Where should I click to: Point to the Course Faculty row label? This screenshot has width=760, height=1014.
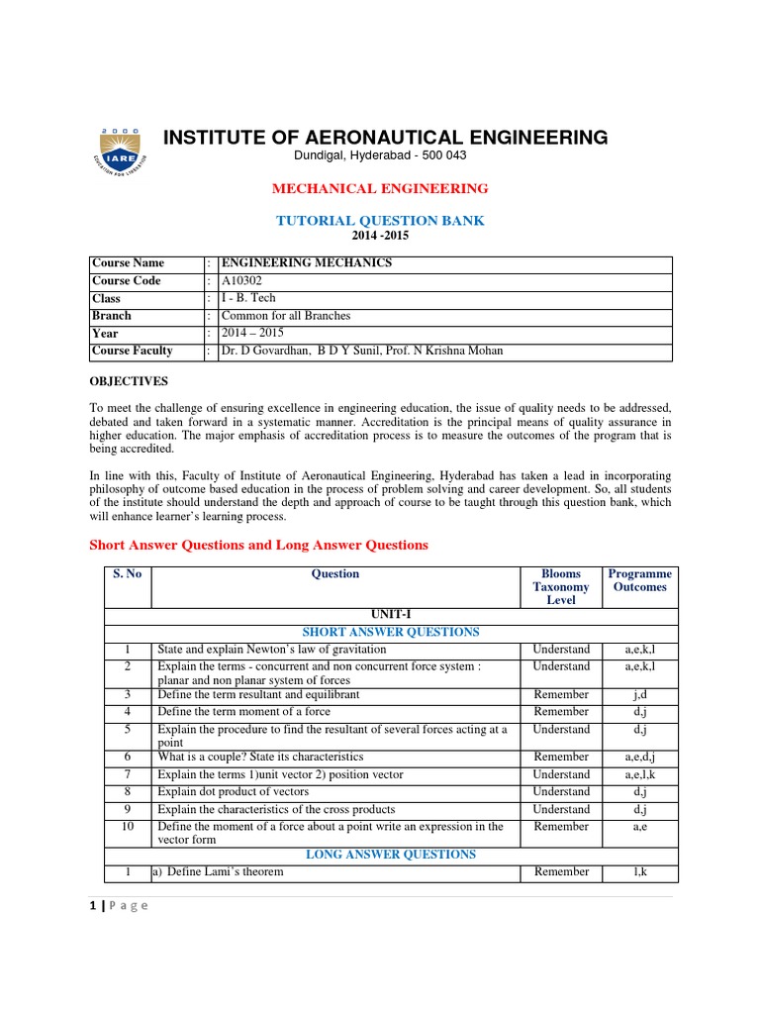pyautogui.click(x=132, y=351)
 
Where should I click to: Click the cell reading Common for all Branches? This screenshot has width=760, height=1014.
pyautogui.click(x=286, y=316)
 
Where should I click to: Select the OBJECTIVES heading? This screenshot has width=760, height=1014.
pyautogui.click(x=129, y=381)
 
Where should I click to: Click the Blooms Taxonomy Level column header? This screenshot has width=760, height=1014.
pyautogui.click(x=560, y=587)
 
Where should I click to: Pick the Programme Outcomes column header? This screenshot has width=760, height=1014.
pyautogui.click(x=639, y=580)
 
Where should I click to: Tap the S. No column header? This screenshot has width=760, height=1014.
pyautogui.click(x=127, y=574)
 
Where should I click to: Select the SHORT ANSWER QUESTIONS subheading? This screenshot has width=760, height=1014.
pyautogui.click(x=390, y=632)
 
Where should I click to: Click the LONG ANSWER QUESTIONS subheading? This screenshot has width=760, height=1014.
pyautogui.click(x=390, y=855)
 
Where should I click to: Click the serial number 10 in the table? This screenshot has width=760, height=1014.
pyautogui.click(x=127, y=827)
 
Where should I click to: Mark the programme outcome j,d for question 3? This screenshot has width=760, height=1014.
pyautogui.click(x=639, y=695)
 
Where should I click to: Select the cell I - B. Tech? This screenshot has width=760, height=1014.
pyautogui.click(x=249, y=298)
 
